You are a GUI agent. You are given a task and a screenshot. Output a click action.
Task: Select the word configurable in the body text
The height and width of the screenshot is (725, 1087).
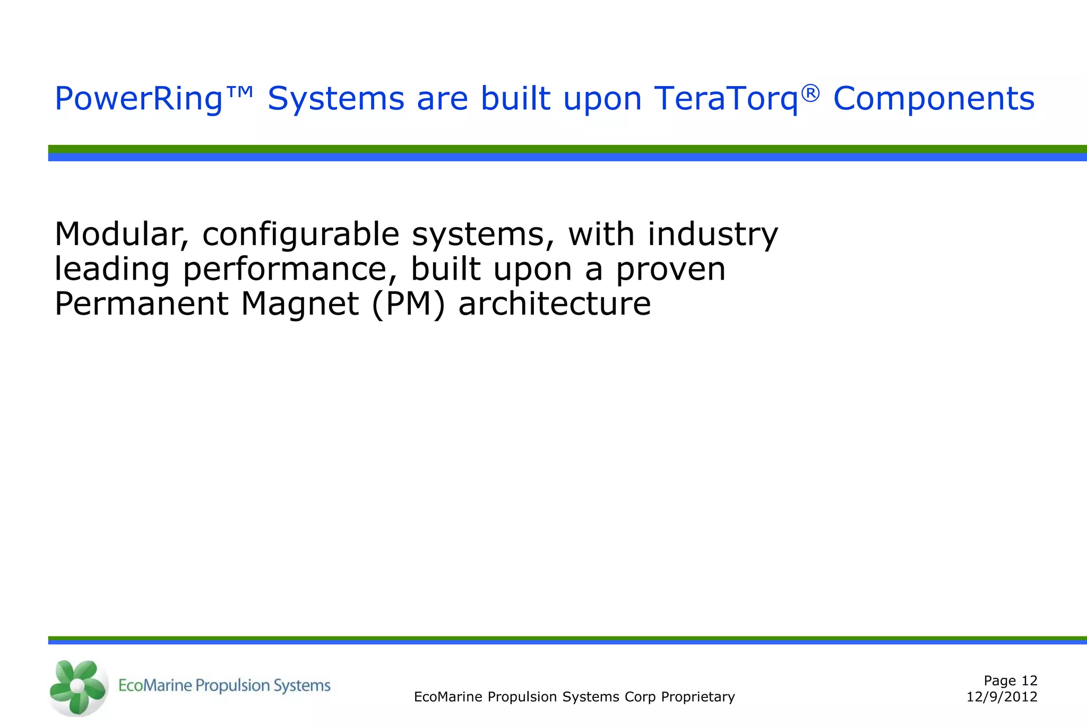pyautogui.click(x=300, y=235)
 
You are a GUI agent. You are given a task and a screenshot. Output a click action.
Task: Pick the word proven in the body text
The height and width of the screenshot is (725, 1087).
pyautogui.click(x=670, y=270)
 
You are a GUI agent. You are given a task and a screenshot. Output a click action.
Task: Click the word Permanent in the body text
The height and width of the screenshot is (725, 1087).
pyautogui.click(x=141, y=304)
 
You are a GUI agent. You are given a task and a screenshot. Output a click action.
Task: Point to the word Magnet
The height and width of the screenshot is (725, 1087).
pyautogui.click(x=300, y=304)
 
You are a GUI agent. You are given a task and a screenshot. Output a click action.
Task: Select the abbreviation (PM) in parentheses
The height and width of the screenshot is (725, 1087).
pyautogui.click(x=408, y=304)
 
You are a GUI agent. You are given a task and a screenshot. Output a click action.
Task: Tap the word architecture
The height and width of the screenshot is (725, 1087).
pyautogui.click(x=554, y=304)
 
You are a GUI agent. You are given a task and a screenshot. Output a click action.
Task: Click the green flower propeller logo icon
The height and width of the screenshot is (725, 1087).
pyautogui.click(x=77, y=687)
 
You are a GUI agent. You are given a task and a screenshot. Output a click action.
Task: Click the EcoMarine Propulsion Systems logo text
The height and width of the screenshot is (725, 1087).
pyautogui.click(x=224, y=686)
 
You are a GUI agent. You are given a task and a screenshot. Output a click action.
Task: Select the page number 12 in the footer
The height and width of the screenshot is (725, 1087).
pyautogui.click(x=1029, y=680)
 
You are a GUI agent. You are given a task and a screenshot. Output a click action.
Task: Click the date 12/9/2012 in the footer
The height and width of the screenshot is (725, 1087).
pyautogui.click(x=1002, y=697)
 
